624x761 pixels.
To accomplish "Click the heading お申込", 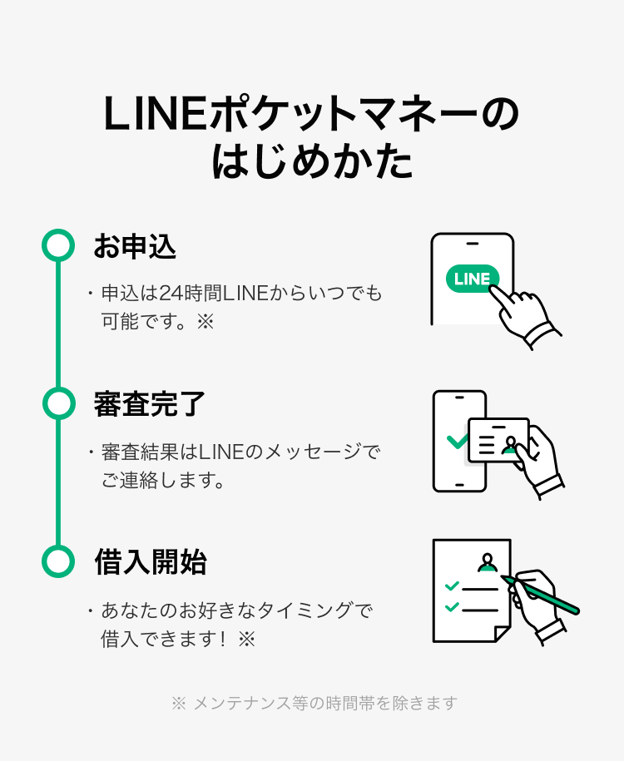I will [x=134, y=246].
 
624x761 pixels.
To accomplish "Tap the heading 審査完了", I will [x=150, y=404].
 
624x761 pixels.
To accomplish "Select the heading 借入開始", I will [x=150, y=562].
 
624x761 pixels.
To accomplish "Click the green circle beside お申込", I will [x=57, y=245].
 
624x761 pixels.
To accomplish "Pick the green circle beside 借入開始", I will [x=57, y=561].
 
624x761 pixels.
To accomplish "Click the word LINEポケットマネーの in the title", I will [x=311, y=116].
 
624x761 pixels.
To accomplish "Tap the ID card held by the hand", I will [x=498, y=438].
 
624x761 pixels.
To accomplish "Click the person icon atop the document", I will [x=488, y=563].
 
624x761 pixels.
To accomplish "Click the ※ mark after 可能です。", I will [x=205, y=321].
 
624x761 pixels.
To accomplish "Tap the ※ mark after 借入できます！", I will [x=245, y=639].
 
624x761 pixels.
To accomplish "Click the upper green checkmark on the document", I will [x=452, y=586].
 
